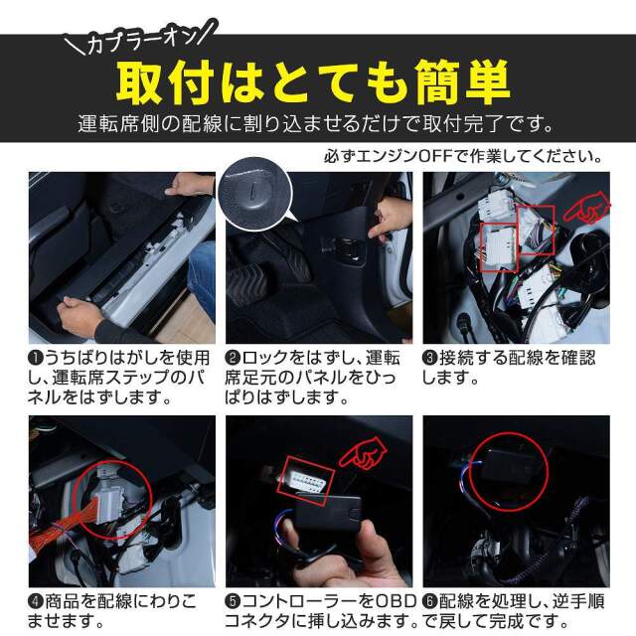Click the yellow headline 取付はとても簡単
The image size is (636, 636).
pyautogui.click(x=313, y=82)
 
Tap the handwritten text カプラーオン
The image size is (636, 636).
pyautogui.click(x=141, y=40)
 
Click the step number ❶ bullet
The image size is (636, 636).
pyautogui.click(x=36, y=358)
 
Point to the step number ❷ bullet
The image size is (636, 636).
pyautogui.click(x=233, y=358)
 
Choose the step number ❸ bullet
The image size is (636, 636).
pyautogui.click(x=429, y=358)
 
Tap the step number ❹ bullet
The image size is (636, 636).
pyautogui.click(x=36, y=601)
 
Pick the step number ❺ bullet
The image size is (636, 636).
pyautogui.click(x=233, y=601)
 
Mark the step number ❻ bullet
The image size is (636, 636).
pyautogui.click(x=429, y=601)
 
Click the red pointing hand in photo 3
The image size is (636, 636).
pyautogui.click(x=586, y=209)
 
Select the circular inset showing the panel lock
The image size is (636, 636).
pyautogui.click(x=254, y=195)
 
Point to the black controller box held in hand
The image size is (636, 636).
pyautogui.click(x=328, y=513)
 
